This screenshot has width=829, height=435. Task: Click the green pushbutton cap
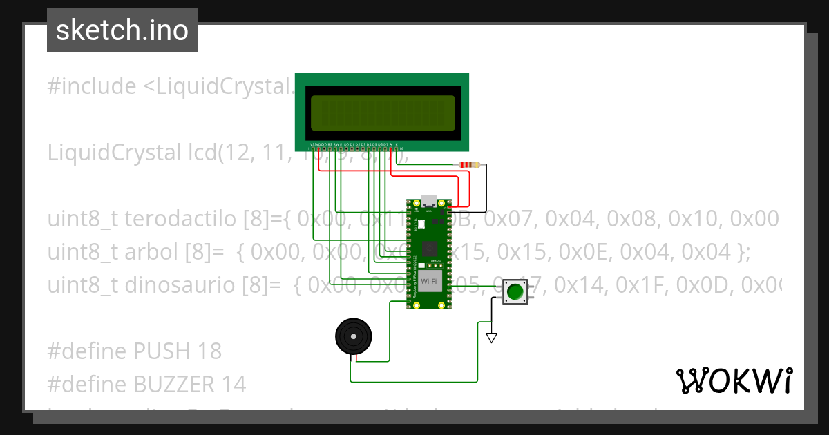coord(515,291)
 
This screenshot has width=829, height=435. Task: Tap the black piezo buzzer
coord(354,337)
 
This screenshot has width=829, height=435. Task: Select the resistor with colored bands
coord(469,165)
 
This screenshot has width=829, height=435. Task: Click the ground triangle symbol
coord(491,338)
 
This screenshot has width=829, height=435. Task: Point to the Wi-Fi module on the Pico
coord(428,281)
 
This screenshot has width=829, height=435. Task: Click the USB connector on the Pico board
coord(428,201)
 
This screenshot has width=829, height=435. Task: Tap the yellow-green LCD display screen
coord(382,113)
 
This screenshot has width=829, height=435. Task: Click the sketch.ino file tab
coord(122,30)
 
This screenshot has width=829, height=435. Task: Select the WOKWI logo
coord(734,380)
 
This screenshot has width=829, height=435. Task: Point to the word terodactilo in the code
coord(182,220)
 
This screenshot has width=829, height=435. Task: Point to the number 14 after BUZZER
coord(234,384)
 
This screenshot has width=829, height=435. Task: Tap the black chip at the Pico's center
coord(428,247)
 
